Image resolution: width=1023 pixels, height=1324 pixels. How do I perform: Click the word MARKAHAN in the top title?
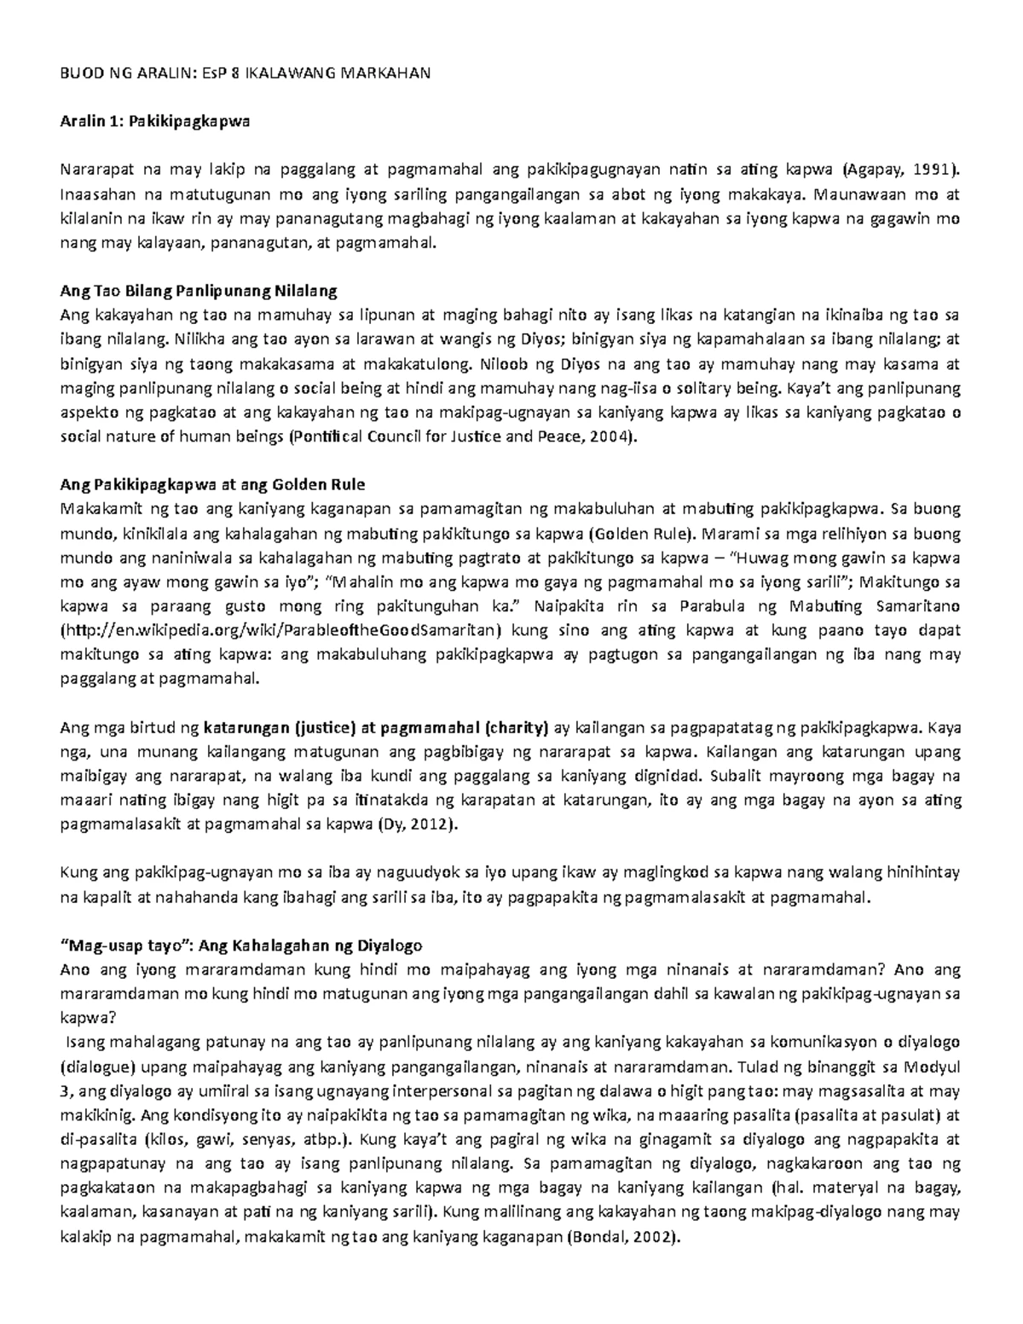[386, 72]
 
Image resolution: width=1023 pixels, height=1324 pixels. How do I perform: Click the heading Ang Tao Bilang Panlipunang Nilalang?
[199, 292]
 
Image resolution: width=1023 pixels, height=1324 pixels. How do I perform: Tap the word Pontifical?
[329, 437]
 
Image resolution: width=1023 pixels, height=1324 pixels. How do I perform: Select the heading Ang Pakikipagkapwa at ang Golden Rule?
[212, 485]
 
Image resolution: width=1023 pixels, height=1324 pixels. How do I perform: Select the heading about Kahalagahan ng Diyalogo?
[241, 945]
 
